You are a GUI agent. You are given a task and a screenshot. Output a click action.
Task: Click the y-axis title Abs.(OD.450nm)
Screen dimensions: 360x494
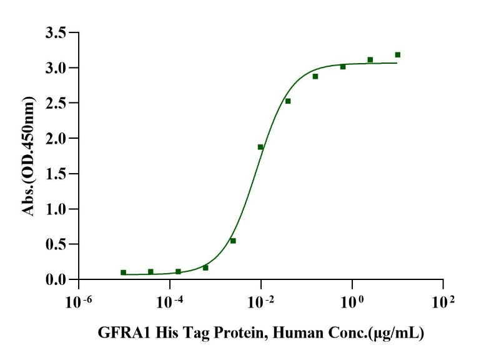29,156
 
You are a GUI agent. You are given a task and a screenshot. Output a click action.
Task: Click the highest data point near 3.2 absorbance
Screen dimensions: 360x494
397,55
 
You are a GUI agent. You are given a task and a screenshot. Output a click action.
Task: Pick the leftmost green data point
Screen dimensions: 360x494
123,272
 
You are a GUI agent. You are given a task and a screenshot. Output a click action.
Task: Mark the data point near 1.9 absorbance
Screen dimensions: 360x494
260,147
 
